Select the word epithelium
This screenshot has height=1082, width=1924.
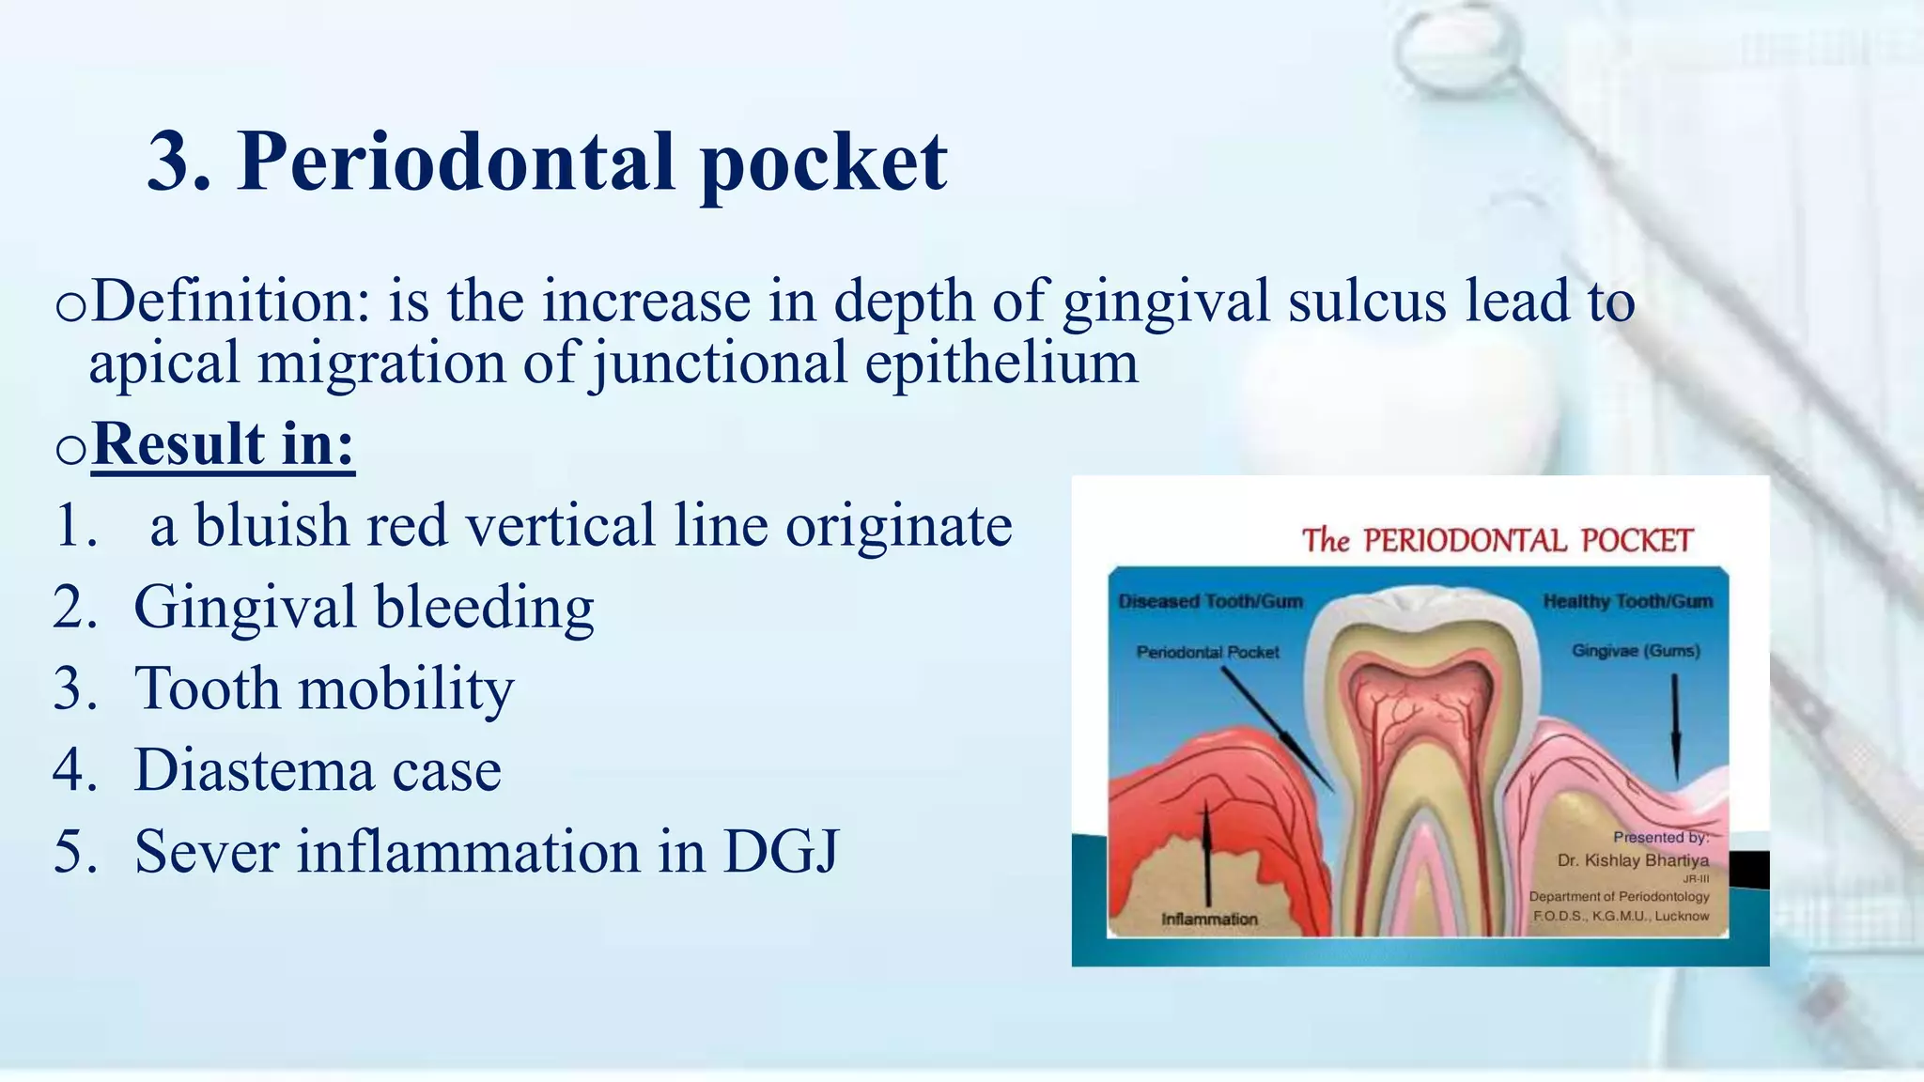[1001, 363]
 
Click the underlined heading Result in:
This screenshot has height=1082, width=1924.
[224, 443]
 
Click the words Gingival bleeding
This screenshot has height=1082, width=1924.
[364, 607]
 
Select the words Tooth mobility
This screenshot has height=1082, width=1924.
[324, 688]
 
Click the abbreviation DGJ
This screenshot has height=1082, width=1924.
[780, 852]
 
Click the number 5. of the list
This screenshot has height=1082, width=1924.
[75, 852]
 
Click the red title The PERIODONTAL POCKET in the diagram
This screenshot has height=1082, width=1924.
[1497, 541]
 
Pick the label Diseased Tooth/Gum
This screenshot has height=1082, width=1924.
[1210, 601]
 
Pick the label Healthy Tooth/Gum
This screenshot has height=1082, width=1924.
[1628, 601]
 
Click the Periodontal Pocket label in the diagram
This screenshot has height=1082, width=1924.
[1207, 652]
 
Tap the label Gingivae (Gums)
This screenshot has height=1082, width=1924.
[1636, 651]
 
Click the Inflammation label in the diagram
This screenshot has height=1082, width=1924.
[1209, 919]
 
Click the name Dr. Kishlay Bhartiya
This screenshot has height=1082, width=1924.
[1633, 860]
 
